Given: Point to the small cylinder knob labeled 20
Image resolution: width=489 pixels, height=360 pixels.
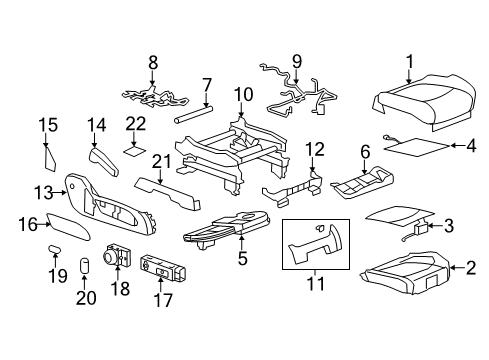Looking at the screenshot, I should point(87,265).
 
